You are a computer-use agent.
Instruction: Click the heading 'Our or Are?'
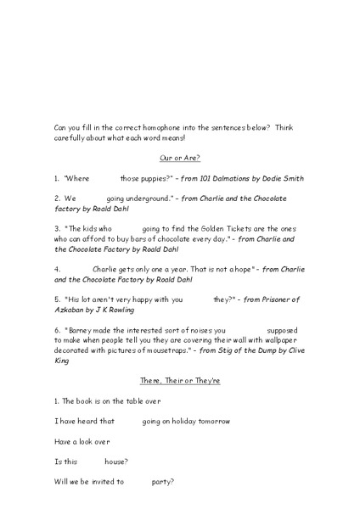(x=179, y=158)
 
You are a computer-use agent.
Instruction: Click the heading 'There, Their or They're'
(x=179, y=381)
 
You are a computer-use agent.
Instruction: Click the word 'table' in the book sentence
(x=116, y=400)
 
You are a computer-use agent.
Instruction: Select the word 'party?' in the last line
(x=163, y=482)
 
